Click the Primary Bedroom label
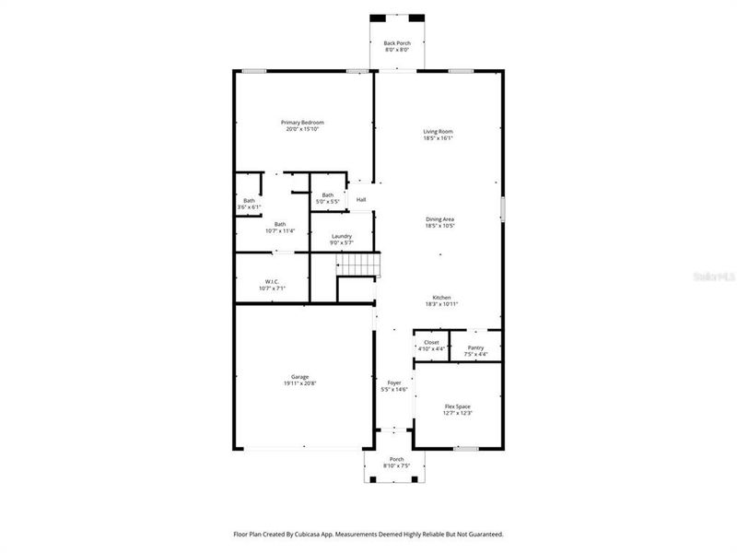302,123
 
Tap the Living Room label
438,132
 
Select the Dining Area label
439,218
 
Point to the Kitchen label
442,297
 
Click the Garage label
299,376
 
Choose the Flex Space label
457,406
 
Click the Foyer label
393,382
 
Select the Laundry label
341,237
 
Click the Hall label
361,200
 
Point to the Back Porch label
397,42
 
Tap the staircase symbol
357,265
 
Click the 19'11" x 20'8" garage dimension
299,383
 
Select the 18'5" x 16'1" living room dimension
438,139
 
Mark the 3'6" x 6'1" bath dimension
249,207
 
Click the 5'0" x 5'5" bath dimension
328,201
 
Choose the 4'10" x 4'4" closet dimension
431,349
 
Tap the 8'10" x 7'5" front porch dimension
396,465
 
